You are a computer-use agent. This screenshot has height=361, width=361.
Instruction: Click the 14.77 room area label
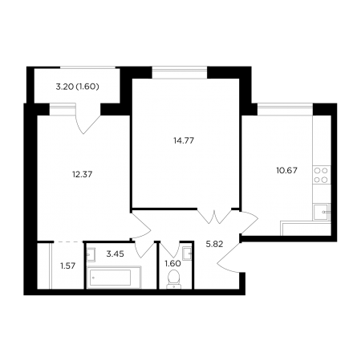184,140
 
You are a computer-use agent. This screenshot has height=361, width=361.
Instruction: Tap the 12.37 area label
82,175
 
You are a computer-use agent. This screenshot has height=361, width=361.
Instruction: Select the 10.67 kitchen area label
286,170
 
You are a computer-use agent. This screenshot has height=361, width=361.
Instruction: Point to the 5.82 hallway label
214,244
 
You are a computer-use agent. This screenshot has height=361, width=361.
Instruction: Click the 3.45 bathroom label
115,254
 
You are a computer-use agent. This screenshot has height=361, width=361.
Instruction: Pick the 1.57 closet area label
68,266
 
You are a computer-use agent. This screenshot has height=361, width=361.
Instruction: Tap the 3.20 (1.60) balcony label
77,87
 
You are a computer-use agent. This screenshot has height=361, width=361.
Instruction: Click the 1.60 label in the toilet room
172,264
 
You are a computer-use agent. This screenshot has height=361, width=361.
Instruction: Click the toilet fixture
173,279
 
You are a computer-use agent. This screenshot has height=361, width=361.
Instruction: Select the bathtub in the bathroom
114,278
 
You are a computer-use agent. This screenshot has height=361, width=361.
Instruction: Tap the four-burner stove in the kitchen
321,175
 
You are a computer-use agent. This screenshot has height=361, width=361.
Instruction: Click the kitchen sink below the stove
322,212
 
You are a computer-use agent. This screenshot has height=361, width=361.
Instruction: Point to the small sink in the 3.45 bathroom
91,254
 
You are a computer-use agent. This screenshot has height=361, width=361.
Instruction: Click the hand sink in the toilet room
187,254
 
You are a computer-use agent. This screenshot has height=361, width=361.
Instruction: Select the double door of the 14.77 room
214,217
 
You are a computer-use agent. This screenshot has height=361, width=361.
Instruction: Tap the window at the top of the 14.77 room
180,72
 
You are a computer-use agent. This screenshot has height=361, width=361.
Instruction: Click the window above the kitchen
285,109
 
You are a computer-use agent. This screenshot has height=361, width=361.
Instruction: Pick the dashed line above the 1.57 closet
68,242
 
